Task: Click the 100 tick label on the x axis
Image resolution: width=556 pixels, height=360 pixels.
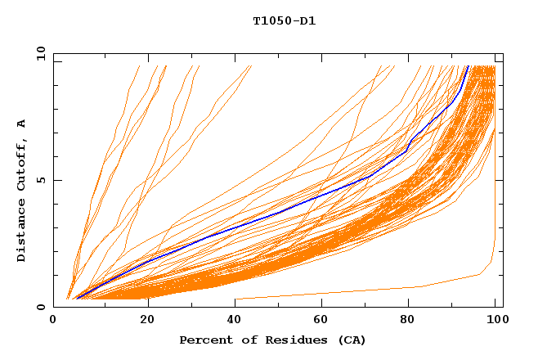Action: (x=495, y=321)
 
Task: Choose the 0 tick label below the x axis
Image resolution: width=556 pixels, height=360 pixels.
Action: (x=54, y=321)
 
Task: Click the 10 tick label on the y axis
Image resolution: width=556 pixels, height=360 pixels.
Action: (x=40, y=53)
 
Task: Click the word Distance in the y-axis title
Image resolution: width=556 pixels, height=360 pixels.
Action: (x=22, y=232)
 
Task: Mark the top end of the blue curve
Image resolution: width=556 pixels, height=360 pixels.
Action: (x=468, y=66)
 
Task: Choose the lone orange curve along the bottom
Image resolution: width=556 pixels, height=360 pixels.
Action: (x=368, y=291)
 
